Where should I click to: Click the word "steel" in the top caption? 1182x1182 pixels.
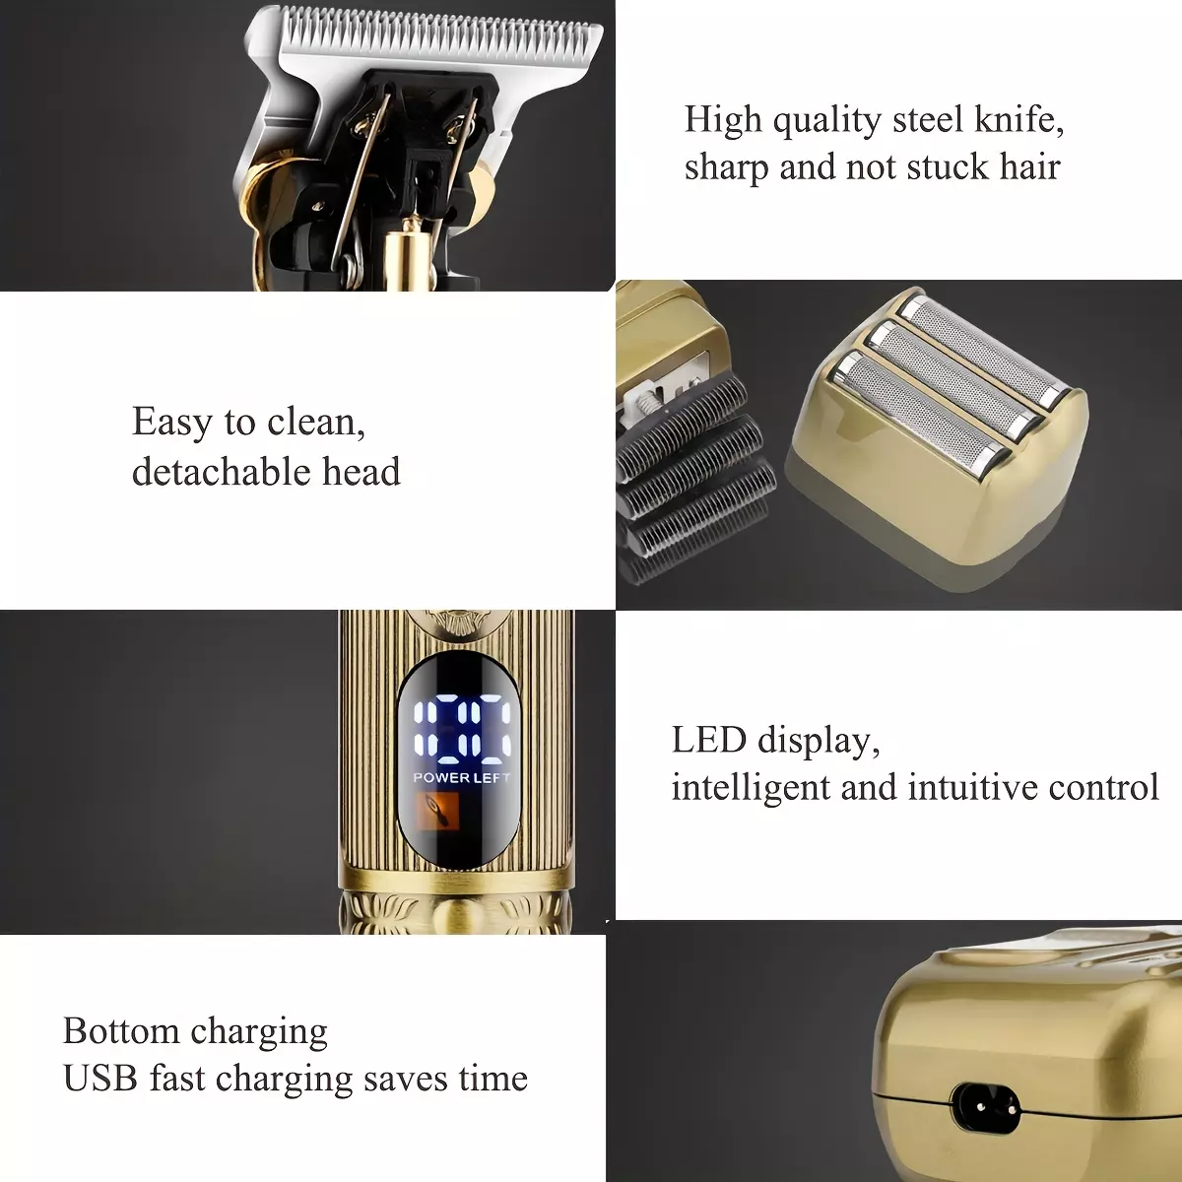[x=928, y=119]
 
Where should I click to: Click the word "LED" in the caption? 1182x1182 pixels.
[x=708, y=740]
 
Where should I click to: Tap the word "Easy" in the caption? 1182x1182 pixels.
[x=171, y=424]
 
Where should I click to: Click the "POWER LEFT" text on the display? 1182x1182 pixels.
[x=461, y=778]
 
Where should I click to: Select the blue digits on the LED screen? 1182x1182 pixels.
[x=462, y=729]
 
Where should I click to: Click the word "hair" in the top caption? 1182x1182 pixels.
[x=1030, y=166]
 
